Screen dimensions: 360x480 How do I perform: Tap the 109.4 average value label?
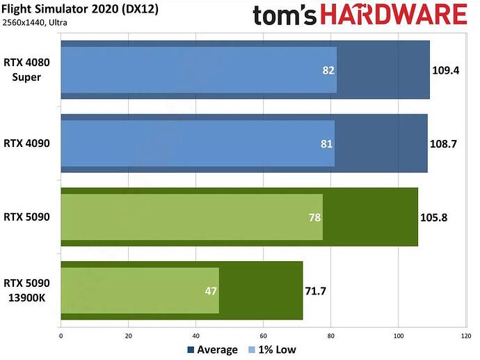click(x=445, y=70)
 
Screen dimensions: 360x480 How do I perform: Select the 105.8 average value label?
click(x=433, y=217)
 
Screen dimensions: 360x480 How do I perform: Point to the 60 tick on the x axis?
click(x=263, y=334)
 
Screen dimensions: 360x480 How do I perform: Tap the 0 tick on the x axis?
click(x=61, y=334)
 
